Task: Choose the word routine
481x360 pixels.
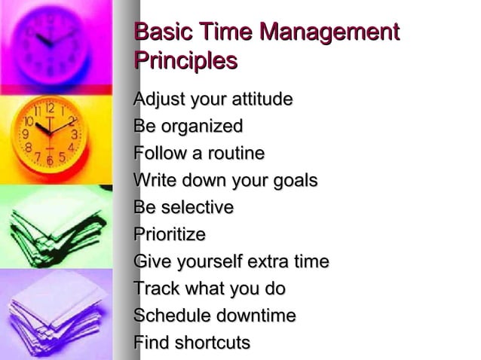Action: tap(233, 154)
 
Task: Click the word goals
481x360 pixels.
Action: tap(294, 181)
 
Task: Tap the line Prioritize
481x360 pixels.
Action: tap(169, 234)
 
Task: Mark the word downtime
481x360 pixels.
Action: tap(256, 316)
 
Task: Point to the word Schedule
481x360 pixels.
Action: tap(170, 316)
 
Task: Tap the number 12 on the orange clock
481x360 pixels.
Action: tap(50, 108)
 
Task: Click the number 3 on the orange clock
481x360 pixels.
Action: tap(73, 134)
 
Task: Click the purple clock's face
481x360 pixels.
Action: tap(52, 41)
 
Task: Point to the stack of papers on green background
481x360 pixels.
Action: tap(57, 226)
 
